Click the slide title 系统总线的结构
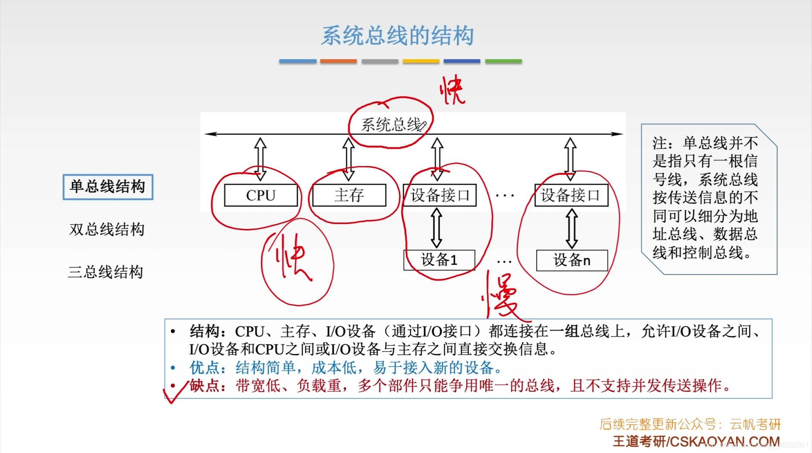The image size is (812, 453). (397, 36)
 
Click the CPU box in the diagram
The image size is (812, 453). (261, 195)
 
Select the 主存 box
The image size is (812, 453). (349, 195)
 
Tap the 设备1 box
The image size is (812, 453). (439, 260)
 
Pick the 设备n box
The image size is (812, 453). (572, 260)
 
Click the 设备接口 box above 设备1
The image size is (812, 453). (440, 195)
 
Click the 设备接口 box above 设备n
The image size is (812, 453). (571, 195)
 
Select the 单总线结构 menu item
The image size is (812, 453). (108, 187)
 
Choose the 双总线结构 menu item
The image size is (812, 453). (107, 229)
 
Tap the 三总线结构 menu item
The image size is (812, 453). (105, 272)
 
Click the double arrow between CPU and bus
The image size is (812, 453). (260, 159)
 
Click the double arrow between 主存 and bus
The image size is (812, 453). (348, 159)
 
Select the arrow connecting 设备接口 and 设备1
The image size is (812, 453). (436, 228)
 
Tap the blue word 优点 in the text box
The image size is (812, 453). (204, 368)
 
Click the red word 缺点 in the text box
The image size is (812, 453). (204, 386)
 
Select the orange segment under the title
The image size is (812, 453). (338, 61)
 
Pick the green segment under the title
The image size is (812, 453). (503, 61)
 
